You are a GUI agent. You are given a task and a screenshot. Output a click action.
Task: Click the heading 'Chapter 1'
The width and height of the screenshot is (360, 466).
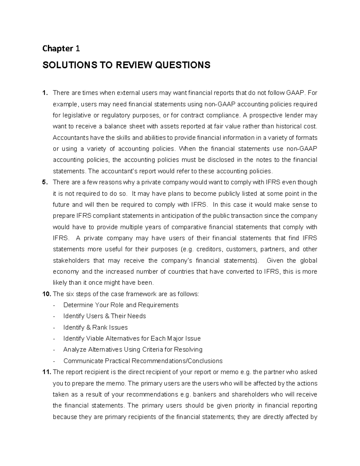click(x=61, y=49)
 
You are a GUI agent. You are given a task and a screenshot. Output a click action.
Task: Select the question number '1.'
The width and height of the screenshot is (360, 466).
click(x=45, y=93)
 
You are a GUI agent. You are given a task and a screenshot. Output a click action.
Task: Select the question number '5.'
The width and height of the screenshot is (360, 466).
click(x=45, y=182)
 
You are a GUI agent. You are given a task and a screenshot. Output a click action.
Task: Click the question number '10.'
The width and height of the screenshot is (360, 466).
click(x=46, y=294)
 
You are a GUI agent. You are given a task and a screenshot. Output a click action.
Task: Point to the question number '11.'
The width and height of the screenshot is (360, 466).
click(x=46, y=372)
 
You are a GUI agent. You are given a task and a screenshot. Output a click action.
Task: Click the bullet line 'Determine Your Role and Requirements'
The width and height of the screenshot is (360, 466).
click(x=121, y=305)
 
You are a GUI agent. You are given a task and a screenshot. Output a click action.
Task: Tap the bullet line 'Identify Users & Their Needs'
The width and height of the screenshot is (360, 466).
click(x=104, y=316)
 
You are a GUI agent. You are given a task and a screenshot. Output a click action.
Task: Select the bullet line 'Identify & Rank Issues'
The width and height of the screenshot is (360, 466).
click(x=95, y=327)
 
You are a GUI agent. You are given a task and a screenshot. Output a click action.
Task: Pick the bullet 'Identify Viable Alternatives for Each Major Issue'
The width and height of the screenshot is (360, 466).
click(x=132, y=338)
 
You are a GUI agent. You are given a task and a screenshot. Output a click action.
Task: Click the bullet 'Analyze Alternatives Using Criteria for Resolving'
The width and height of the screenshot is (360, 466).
click(x=133, y=350)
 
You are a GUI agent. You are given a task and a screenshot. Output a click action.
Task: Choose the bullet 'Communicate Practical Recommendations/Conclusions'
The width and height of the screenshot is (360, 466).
click(x=143, y=361)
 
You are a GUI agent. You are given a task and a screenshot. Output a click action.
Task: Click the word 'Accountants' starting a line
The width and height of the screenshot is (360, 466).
click(x=70, y=138)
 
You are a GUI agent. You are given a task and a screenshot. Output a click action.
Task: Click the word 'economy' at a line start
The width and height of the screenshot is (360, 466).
click(x=66, y=272)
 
